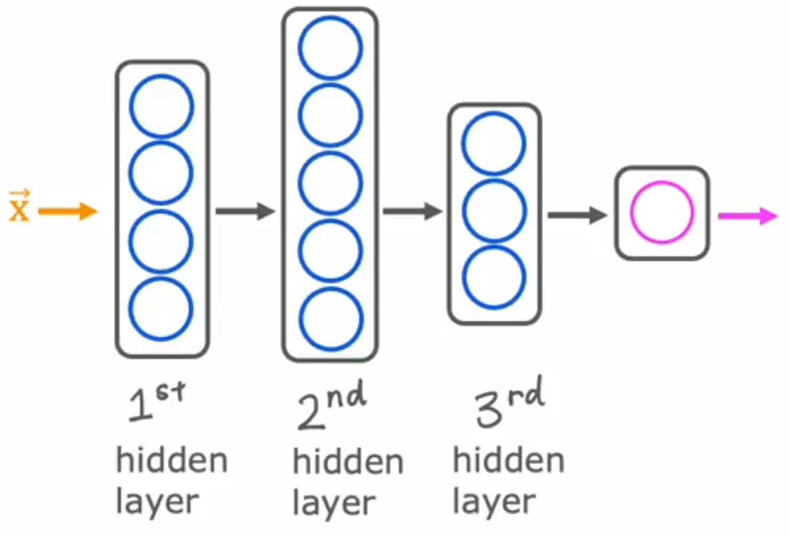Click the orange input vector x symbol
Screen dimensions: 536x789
click(x=19, y=207)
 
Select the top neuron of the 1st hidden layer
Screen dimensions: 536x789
click(x=161, y=107)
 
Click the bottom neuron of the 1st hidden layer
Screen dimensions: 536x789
click(x=161, y=309)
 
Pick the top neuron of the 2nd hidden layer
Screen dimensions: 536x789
click(x=330, y=48)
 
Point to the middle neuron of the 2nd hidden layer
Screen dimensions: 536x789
click(x=330, y=182)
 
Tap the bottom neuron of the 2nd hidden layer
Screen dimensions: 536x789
click(x=330, y=319)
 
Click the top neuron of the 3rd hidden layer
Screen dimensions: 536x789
click(x=493, y=144)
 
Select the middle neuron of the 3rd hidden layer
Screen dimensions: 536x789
click(x=493, y=211)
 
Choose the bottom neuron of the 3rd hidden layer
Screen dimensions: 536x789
click(x=493, y=278)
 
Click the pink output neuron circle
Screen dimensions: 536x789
click(x=662, y=212)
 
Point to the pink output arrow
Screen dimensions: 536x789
click(x=747, y=216)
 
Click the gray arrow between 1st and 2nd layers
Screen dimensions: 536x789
click(x=245, y=211)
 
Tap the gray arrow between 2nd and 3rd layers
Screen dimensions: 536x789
click(x=412, y=211)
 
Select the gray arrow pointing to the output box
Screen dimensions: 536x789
click(x=577, y=214)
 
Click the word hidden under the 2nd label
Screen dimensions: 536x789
click(x=348, y=462)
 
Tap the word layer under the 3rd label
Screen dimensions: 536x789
click(x=493, y=502)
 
